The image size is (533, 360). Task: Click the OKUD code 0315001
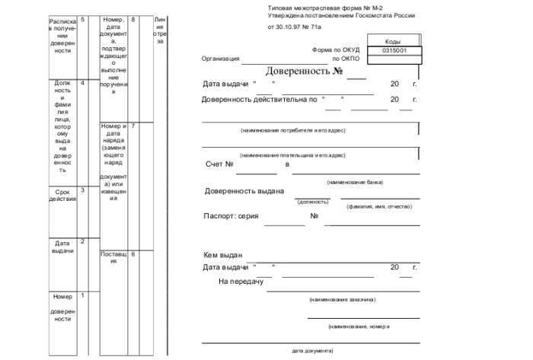point(394,50)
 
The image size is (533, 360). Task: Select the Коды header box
point(394,41)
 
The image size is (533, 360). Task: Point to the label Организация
point(220,59)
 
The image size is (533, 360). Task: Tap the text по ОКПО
point(345,59)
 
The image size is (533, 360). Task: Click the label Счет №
point(219,164)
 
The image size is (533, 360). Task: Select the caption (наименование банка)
point(355,182)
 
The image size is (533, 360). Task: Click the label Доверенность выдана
point(244,191)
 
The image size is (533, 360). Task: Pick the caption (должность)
point(313,202)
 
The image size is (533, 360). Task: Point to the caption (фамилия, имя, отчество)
point(378,206)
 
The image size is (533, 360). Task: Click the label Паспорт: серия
point(232,215)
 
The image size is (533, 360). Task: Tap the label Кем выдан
point(222,255)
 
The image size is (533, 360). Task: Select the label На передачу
point(241,281)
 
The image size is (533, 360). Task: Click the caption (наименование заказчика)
point(342,300)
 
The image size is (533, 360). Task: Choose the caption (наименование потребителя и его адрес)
point(293,130)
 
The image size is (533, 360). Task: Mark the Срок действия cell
point(62,196)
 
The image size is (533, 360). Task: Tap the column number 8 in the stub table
point(133,18)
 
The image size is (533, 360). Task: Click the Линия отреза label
point(159,30)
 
